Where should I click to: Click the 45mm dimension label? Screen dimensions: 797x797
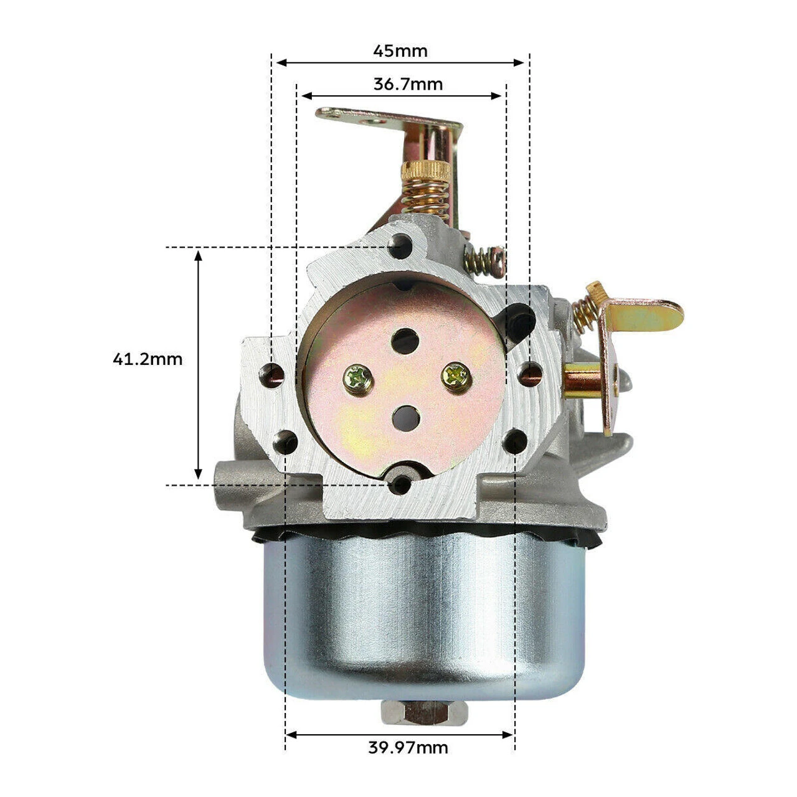400,50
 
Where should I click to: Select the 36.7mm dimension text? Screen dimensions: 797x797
408,84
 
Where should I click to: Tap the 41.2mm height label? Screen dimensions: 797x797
148,359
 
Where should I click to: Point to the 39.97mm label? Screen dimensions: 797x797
408,747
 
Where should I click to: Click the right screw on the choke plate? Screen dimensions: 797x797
455,375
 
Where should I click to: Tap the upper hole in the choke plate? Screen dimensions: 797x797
405,341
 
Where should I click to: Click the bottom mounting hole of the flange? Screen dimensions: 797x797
399,483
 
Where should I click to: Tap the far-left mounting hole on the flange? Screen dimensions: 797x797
273,374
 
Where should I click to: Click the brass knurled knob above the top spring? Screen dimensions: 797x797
426,170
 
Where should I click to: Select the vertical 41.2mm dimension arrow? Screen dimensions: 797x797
199,365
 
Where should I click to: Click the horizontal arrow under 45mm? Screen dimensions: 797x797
400,62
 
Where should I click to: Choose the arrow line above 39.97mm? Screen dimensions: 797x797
400,735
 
